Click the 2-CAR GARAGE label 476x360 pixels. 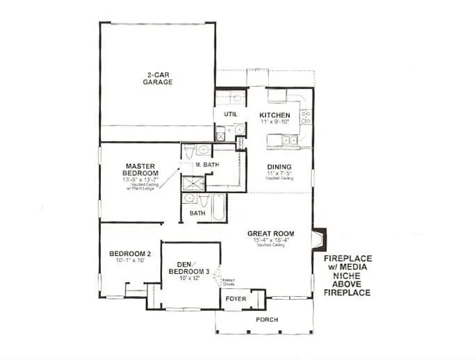[158, 78]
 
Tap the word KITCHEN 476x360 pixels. [274, 115]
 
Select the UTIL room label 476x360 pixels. [231, 114]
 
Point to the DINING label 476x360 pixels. [279, 166]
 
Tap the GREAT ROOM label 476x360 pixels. [270, 234]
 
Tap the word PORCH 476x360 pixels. [266, 320]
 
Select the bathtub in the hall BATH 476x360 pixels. [218, 207]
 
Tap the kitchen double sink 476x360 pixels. [288, 140]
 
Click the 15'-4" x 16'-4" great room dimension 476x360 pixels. [270, 241]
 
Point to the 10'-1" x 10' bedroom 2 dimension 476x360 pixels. [130, 261]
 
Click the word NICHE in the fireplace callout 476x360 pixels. [347, 275]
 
